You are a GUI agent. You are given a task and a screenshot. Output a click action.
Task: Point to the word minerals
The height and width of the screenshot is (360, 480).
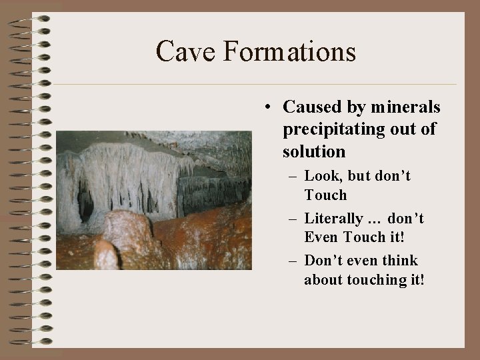point(405,107)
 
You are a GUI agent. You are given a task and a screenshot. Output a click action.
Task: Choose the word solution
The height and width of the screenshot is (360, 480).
point(314,151)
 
